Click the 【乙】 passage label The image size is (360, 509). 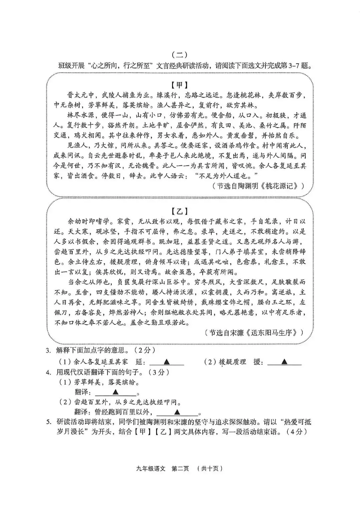click(180, 211)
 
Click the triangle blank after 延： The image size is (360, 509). click(167, 362)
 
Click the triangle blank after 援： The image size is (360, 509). click(284, 362)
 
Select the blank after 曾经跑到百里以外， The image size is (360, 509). click(177, 412)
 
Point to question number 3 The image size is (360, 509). click(49, 350)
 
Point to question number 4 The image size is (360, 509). click(49, 372)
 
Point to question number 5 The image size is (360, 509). click(49, 422)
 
